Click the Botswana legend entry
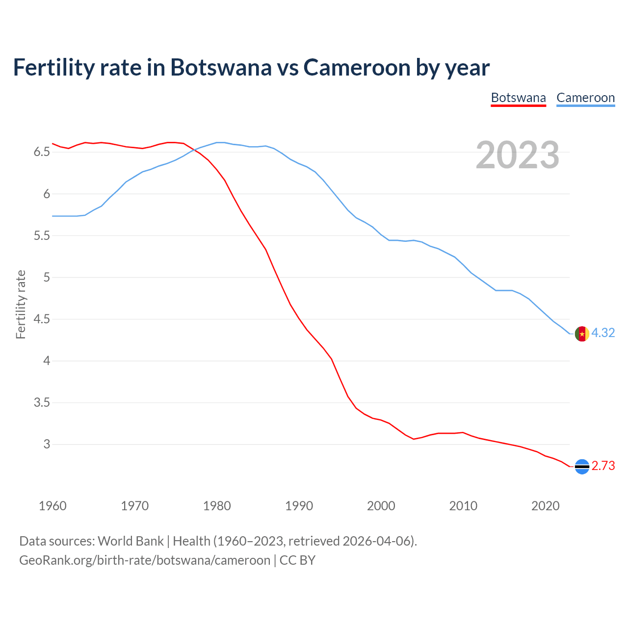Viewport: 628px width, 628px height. click(518, 98)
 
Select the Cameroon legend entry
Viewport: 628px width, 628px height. click(585, 98)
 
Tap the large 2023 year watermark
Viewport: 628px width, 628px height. click(517, 155)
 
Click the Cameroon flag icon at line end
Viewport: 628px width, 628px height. click(582, 334)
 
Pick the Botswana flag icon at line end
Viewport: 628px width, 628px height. click(582, 466)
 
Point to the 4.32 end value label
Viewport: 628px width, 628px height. click(603, 333)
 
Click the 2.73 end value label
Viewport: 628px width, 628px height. click(603, 466)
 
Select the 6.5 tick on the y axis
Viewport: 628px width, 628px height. click(42, 152)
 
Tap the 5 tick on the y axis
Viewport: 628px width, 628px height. click(47, 277)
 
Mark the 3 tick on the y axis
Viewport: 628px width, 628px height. click(47, 444)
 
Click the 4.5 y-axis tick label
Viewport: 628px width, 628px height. click(42, 319)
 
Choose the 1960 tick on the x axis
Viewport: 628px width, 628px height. click(52, 506)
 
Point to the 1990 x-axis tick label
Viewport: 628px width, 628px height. click(299, 506)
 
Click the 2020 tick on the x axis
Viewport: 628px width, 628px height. click(545, 506)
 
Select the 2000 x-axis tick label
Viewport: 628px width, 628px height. click(381, 506)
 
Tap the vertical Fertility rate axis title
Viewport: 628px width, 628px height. click(21, 304)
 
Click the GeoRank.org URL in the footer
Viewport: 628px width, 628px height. click(145, 560)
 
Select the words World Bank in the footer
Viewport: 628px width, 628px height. click(131, 541)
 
